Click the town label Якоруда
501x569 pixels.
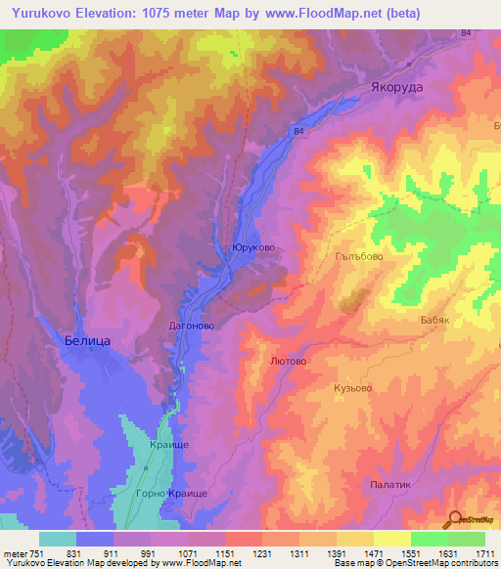click(397, 86)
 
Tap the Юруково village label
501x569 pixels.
click(251, 249)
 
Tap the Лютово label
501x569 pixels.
click(288, 361)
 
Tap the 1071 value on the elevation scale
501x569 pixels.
click(187, 552)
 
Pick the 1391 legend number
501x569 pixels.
click(336, 552)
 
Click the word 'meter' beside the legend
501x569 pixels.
click(14, 552)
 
